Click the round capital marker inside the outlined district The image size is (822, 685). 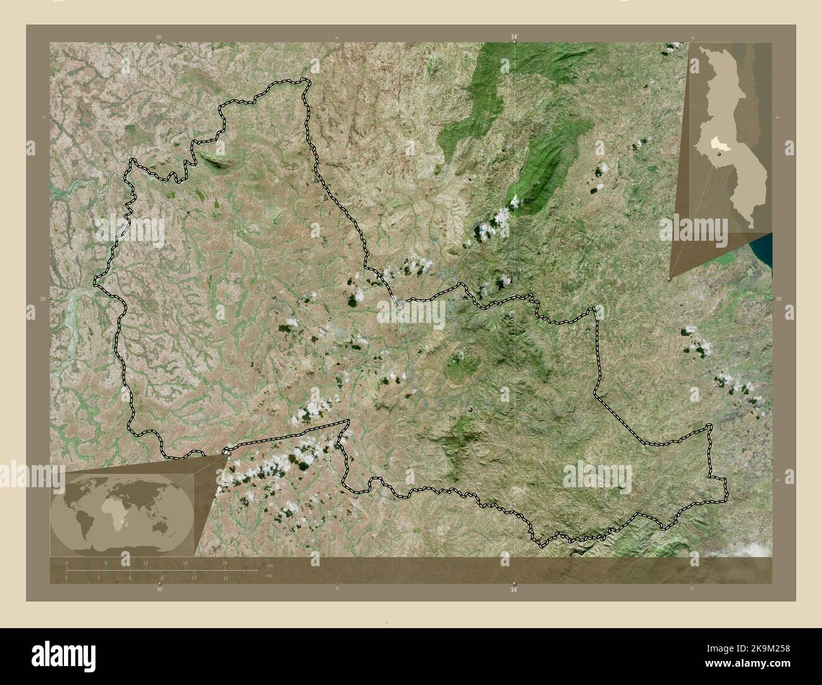coord(470,411)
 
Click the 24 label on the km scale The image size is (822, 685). coord(224,562)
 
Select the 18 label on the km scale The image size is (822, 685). coord(185,562)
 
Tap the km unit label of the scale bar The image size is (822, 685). coord(269,565)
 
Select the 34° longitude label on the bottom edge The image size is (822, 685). coord(513,590)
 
